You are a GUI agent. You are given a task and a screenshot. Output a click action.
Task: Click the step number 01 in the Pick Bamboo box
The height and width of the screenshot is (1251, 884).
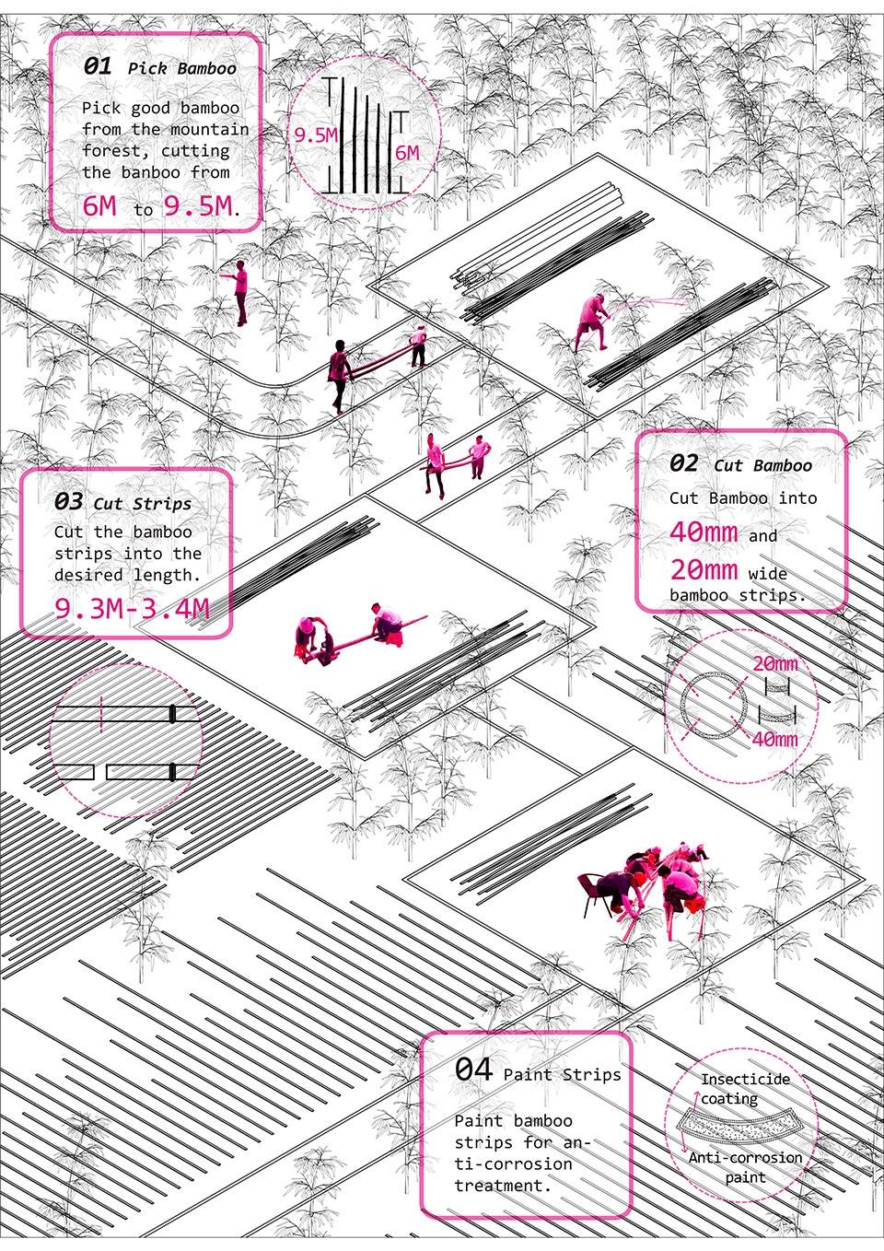pos(98,66)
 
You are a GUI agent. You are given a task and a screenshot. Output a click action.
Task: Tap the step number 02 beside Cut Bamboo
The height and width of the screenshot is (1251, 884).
pos(683,463)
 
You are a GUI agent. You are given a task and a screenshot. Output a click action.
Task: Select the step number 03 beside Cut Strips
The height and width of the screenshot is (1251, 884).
pos(68,501)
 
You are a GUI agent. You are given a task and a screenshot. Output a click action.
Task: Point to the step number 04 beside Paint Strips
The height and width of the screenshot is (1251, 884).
pos(473,1070)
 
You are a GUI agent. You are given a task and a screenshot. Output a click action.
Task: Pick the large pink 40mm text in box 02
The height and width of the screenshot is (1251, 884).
pos(704,532)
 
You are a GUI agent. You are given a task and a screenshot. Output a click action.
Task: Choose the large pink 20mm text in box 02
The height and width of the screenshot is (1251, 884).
pos(704,569)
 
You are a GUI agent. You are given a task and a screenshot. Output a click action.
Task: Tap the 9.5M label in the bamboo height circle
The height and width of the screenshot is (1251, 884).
pos(315,134)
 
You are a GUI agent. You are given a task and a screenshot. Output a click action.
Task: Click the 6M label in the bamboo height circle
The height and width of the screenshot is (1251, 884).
pos(407,153)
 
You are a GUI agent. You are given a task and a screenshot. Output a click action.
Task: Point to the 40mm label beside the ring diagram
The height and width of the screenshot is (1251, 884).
pos(774,739)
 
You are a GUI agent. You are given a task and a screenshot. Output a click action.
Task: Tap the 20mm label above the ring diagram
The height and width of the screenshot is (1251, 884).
pos(774,664)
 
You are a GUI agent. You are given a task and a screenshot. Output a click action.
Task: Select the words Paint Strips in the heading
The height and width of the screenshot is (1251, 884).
pos(562,1074)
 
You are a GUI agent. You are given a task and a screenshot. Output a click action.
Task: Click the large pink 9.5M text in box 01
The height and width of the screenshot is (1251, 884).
pos(198,205)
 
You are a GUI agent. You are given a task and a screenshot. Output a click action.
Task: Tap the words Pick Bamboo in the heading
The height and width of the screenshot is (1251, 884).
pos(182,69)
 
